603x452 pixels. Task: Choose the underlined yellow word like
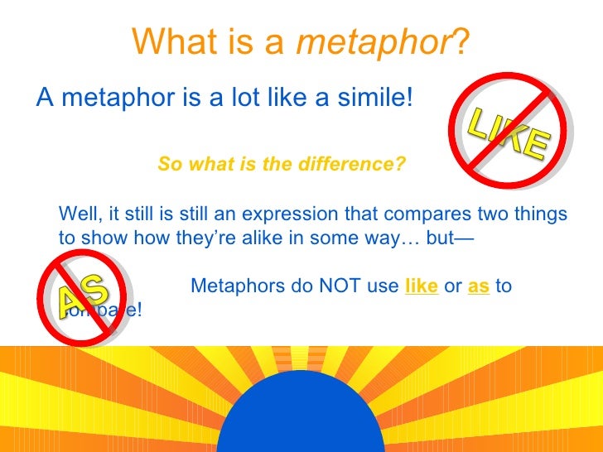click(x=422, y=286)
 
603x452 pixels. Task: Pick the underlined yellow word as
click(x=479, y=286)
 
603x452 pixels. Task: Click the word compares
click(x=427, y=214)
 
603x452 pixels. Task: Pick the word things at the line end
click(x=541, y=214)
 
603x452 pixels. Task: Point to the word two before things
click(x=492, y=214)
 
